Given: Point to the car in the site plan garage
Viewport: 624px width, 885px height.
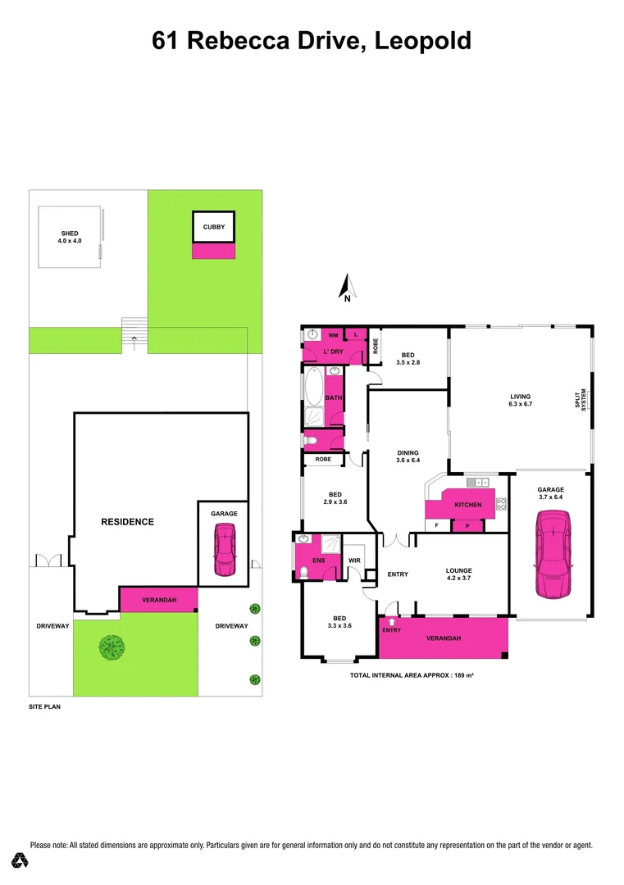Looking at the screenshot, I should pos(223,551).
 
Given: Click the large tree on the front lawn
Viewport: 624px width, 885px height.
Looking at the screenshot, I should pos(112,647).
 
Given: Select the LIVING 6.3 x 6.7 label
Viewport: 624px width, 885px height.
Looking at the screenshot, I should pos(521,400).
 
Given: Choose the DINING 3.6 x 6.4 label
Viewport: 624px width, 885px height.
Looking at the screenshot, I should pos(408,456).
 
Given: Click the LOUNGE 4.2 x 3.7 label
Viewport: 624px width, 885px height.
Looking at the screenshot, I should pos(458,575).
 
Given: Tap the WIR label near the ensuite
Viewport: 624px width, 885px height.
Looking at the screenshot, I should pos(355,560).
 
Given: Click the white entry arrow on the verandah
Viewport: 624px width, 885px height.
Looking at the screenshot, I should pos(392,624).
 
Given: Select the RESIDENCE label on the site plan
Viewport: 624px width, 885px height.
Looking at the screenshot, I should pos(127,522).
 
